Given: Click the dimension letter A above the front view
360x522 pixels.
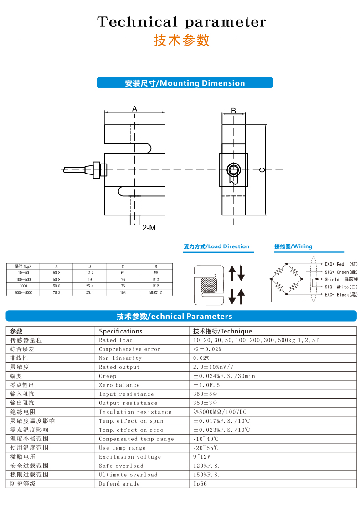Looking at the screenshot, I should pos(134,109).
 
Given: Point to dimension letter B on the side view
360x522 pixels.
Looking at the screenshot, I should pos(234,111).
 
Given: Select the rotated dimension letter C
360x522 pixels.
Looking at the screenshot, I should pos(262,170).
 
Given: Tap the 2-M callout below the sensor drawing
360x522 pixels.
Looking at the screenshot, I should pos(149,228).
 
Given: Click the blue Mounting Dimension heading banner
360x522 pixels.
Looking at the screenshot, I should pos(185,83).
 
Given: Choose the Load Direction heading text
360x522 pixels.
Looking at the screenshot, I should pos(216,246).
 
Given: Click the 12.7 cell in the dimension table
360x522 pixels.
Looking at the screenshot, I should pos(89,272).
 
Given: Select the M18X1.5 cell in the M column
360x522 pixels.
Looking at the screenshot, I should pos(156,292).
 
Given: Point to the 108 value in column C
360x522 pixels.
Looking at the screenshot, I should pos(123,292).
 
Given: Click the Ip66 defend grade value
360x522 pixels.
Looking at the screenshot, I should pos(200,484).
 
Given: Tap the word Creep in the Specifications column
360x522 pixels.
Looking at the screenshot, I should pos(108,376).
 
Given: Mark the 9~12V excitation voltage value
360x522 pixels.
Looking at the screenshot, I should pos(201,456).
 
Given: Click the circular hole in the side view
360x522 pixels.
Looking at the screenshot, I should pos(234,170).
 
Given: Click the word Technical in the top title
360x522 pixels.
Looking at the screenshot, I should pos(137,22).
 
